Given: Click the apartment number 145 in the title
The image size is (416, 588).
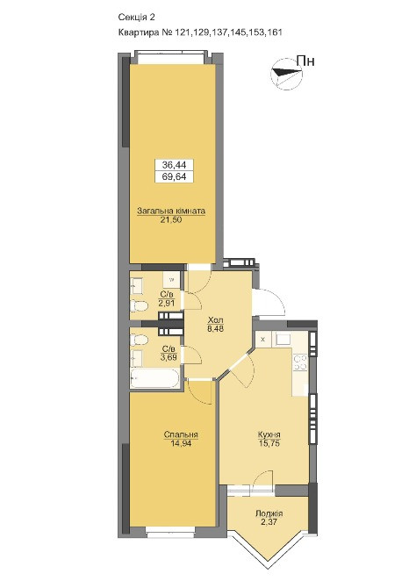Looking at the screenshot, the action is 240,32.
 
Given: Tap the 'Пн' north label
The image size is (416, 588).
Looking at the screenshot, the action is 305,61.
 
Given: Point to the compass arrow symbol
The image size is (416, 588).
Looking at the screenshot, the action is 286,74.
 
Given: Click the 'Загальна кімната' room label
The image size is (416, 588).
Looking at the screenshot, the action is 171,211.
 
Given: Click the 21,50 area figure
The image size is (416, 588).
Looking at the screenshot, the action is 171,219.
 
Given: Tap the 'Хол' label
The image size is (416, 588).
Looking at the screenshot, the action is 216,320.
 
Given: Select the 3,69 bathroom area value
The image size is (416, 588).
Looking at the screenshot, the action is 169,356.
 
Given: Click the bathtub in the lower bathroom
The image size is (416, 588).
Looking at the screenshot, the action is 154,379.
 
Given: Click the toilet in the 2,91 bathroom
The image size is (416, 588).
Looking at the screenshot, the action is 139,305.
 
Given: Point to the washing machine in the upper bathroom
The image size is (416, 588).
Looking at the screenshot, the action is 171,279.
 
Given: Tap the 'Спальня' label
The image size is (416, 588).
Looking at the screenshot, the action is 181,434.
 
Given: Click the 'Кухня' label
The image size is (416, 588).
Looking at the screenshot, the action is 269,434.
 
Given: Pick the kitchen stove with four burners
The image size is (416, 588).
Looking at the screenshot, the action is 301,363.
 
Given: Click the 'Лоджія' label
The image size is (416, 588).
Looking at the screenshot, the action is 269,513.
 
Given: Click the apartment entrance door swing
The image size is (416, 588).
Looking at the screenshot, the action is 269,302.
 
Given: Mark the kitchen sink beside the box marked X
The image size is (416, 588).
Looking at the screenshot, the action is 283,339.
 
